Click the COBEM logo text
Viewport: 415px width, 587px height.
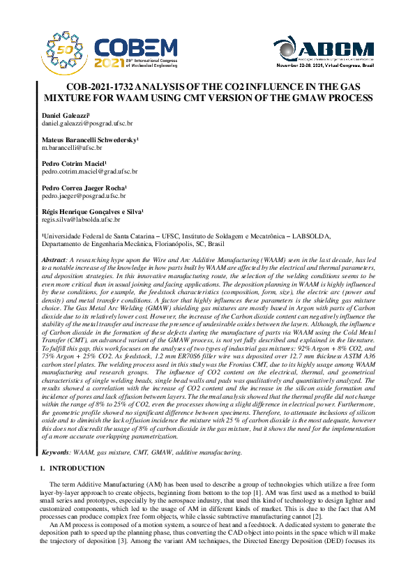[x=136, y=48]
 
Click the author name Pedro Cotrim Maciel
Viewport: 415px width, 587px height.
[x=72, y=163]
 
